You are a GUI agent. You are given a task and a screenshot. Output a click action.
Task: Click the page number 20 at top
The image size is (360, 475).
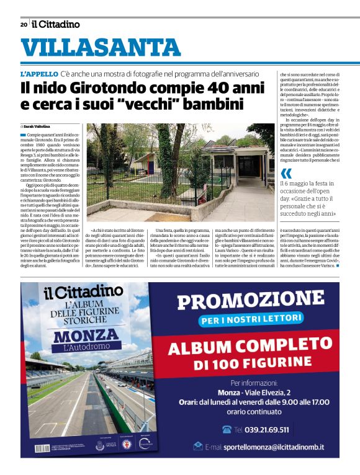coord(23,24)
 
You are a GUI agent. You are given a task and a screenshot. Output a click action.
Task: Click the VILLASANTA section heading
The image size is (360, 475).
coord(101,48)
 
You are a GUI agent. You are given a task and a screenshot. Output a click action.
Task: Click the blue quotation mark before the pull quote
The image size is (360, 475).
coord(286,173)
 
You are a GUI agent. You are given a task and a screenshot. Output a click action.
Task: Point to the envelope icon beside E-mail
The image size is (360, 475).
coord(198,446)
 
